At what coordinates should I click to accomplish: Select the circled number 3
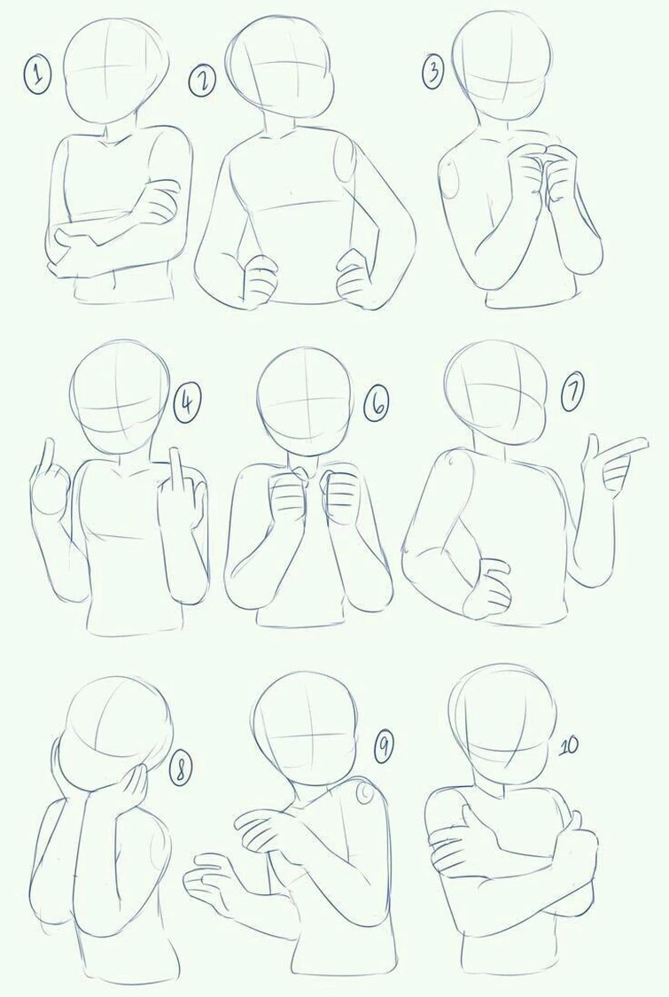click(x=433, y=72)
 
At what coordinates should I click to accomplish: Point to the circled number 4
click(x=188, y=404)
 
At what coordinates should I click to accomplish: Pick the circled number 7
click(x=572, y=394)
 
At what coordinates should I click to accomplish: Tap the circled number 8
click(x=181, y=768)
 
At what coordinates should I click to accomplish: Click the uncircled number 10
click(x=568, y=745)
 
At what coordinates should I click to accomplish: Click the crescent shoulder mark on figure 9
click(x=365, y=793)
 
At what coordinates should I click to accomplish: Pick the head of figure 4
click(x=121, y=398)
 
